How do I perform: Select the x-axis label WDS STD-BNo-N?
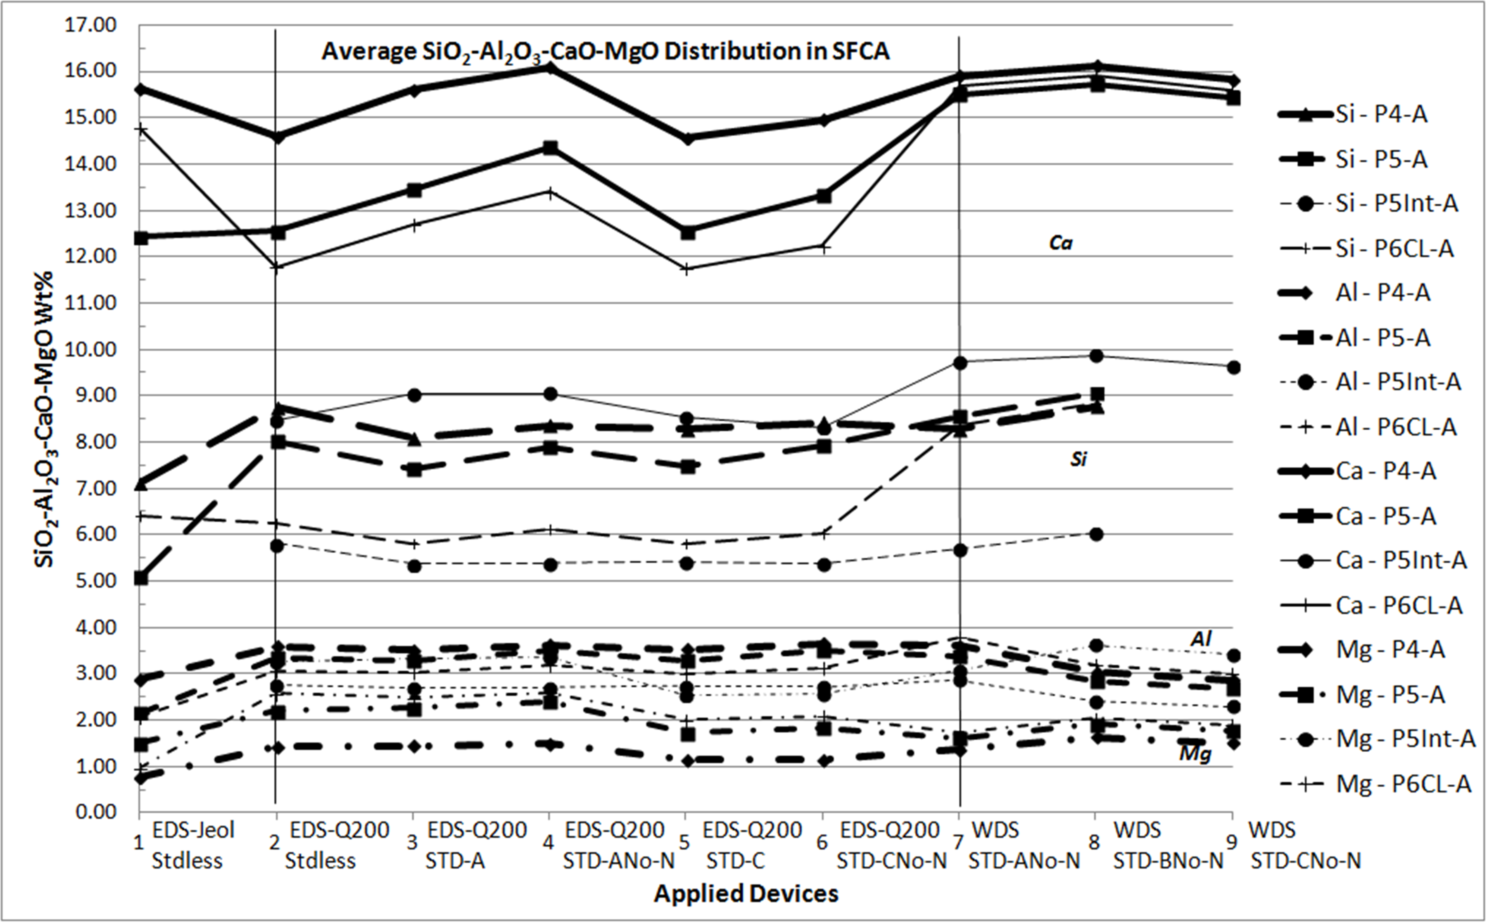(1168, 845)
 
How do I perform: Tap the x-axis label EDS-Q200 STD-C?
(752, 845)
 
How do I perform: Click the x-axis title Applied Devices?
(746, 894)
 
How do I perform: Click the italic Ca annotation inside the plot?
(1061, 243)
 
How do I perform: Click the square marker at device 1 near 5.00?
(140, 577)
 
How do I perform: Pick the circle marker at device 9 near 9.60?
(1233, 367)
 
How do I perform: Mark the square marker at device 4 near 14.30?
(550, 148)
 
